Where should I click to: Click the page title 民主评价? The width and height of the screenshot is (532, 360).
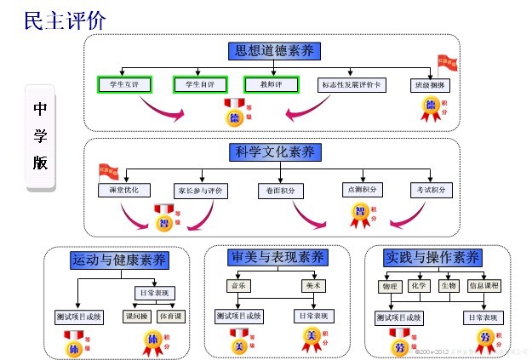66,21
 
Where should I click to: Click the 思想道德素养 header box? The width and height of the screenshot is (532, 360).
273,51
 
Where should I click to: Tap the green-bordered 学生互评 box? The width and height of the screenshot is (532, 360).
123,84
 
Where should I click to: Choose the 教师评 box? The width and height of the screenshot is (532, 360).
272,84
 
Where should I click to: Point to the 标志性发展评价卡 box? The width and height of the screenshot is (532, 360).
352,85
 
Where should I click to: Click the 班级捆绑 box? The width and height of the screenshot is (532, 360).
430,85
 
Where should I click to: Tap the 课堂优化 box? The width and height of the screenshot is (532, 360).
125,190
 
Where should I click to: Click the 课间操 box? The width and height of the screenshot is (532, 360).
137,317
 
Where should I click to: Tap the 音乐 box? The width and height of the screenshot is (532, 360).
240,286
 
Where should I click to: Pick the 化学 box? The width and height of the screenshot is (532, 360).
420,285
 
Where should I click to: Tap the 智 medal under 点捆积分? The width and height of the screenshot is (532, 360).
361,214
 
